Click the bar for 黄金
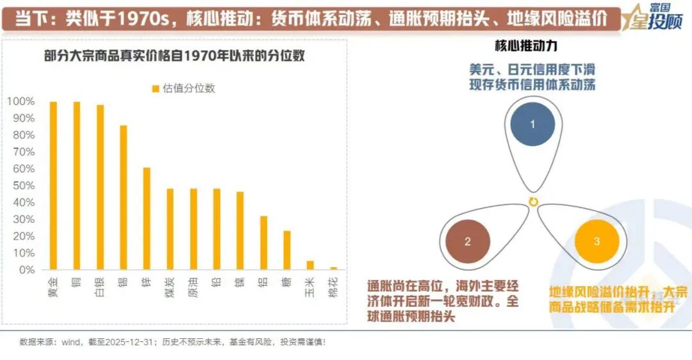[53, 185]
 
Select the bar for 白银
[100, 187]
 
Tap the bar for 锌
[147, 218]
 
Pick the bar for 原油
[194, 229]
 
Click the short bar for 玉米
[310, 265]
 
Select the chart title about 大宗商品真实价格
[174, 56]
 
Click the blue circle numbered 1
[532, 124]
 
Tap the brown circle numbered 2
[468, 241]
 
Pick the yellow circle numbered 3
[597, 241]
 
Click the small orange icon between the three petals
[532, 202]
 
